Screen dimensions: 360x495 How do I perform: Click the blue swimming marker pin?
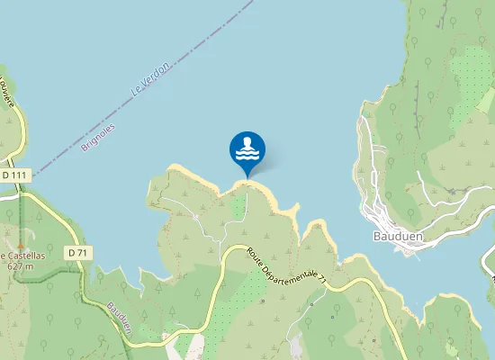point(247,149)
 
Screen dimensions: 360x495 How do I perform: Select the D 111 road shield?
point(16,175)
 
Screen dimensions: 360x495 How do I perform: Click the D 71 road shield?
point(78,253)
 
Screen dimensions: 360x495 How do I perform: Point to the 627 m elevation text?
point(20,265)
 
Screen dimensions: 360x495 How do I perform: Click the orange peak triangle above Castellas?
point(20,244)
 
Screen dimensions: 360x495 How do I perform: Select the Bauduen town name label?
point(393,236)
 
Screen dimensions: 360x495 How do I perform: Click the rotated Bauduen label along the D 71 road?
point(120,318)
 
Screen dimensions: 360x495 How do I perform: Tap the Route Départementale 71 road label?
point(286,269)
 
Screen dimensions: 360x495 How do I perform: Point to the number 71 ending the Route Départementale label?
point(320,285)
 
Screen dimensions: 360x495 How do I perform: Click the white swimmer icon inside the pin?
point(247,147)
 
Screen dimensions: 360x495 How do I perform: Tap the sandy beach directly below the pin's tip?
point(247,183)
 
